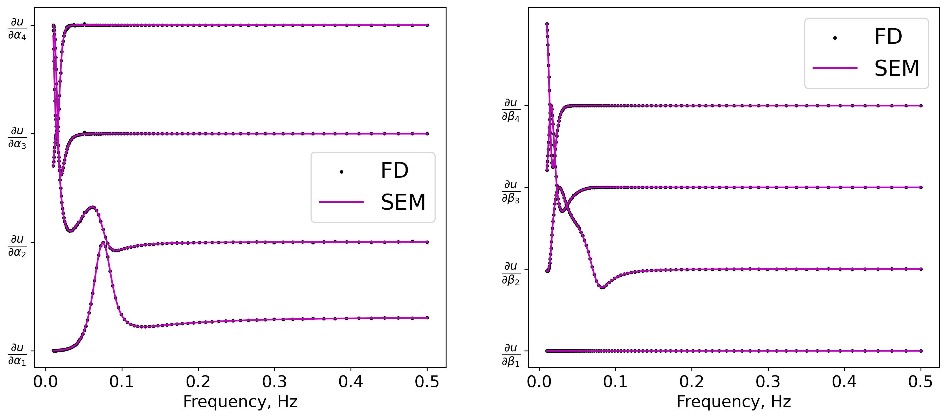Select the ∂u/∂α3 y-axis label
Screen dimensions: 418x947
[17, 138]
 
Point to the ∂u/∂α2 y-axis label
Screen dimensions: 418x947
[17, 246]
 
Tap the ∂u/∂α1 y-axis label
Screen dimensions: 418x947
[17, 355]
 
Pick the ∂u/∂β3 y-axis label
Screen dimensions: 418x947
[511, 191]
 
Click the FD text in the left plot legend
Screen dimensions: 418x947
[394, 170]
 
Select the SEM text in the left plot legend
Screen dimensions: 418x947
[403, 202]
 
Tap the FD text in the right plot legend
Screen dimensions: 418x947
[888, 37]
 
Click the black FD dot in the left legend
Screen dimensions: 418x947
[341, 172]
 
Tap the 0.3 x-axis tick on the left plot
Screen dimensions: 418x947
[274, 382]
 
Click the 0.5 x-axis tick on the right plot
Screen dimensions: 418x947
[921, 382]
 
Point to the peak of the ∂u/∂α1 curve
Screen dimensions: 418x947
[102, 243]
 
